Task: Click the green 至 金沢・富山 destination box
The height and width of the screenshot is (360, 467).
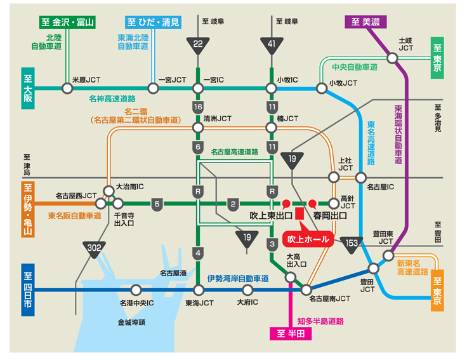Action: (x=67, y=22)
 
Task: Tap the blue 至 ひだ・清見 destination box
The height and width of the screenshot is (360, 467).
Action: (x=152, y=22)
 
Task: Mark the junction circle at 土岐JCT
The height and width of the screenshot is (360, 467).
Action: (x=393, y=58)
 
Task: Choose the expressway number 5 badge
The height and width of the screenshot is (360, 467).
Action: (x=157, y=204)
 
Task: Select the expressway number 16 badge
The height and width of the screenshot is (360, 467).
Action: (x=198, y=107)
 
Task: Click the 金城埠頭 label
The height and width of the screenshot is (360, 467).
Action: (x=131, y=323)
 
